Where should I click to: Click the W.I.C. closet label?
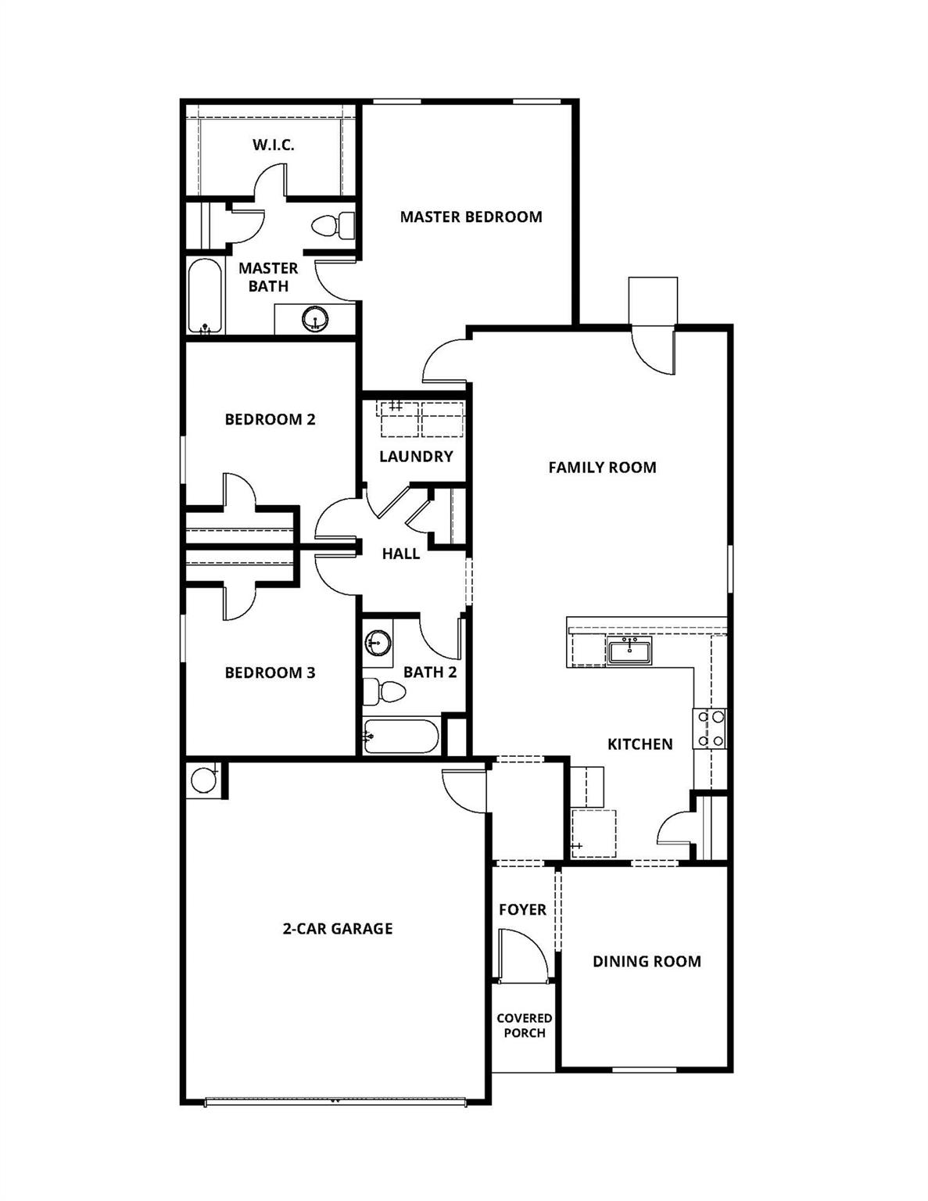point(273,145)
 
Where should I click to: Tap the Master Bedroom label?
point(471,217)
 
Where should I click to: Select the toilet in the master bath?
point(333,226)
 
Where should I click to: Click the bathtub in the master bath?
point(206,296)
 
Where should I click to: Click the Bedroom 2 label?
point(270,419)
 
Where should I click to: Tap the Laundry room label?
point(416,456)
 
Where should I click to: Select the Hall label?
point(401,554)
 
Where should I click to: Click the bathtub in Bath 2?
point(400,737)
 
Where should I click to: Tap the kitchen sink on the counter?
point(629,650)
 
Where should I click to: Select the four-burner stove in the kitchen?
point(709,728)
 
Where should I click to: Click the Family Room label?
point(602,468)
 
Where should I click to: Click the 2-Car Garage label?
point(338,928)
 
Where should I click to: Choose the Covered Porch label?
point(524,1025)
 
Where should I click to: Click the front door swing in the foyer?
point(523,954)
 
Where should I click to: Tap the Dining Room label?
point(647,962)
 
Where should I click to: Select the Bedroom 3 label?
point(270,672)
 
